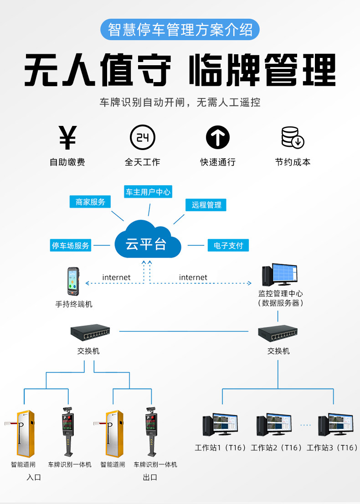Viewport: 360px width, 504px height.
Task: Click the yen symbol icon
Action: (x=68, y=138)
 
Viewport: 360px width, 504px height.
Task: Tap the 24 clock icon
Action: (x=143, y=137)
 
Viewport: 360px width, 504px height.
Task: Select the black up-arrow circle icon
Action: (x=218, y=137)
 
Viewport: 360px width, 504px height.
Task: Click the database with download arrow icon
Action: (x=293, y=138)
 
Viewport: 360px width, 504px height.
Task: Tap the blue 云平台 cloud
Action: (x=147, y=239)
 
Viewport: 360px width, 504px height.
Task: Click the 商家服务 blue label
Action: (x=90, y=202)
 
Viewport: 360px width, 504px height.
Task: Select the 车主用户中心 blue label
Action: (x=148, y=192)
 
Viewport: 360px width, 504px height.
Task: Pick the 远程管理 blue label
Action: (x=206, y=205)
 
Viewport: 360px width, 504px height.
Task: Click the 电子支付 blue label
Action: (x=228, y=245)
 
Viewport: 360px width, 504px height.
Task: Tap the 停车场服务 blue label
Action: (x=70, y=245)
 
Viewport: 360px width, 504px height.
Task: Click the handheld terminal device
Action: (x=73, y=281)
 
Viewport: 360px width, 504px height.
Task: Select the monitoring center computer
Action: (x=279, y=275)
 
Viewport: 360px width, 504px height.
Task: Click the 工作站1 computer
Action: (x=220, y=425)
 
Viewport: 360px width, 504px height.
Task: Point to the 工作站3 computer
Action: (x=335, y=425)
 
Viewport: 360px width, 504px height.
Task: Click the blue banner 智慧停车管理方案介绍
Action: (x=180, y=30)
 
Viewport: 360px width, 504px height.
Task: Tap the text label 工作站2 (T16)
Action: (x=276, y=447)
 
